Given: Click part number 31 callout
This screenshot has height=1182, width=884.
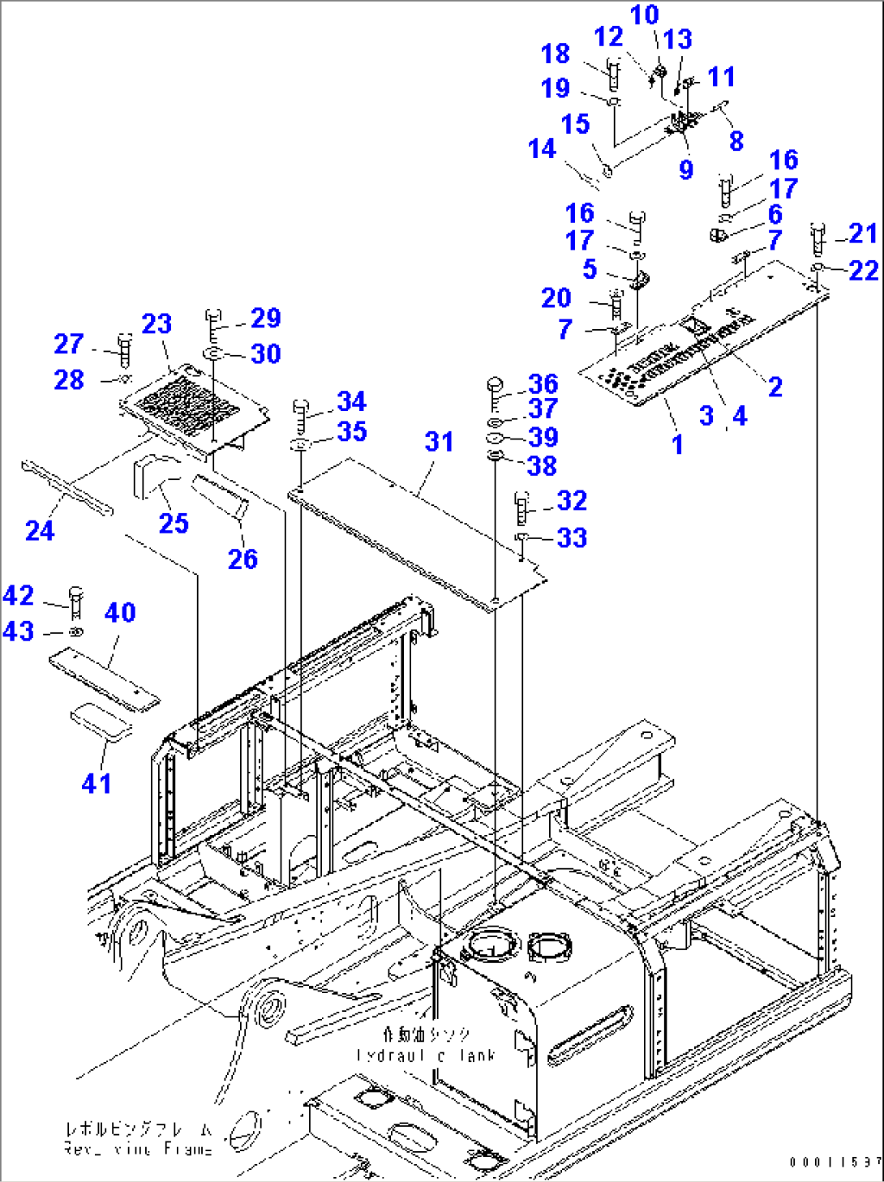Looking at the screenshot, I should point(439,442).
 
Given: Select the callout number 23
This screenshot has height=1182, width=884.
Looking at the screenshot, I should point(157,324).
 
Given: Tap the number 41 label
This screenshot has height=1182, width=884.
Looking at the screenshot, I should point(97,783).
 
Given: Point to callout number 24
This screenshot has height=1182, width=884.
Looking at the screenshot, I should point(40,530).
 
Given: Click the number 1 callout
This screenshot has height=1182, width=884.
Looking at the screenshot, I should point(677,444).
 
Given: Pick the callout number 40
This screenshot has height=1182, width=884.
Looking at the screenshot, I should point(120,612).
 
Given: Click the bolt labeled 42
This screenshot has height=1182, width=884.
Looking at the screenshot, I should point(76,601).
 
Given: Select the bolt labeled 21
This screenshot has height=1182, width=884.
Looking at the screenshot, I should point(817,238).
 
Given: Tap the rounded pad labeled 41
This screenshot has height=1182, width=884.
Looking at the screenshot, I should point(101,721).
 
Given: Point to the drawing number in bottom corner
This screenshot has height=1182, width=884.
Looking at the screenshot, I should point(835,1162).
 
